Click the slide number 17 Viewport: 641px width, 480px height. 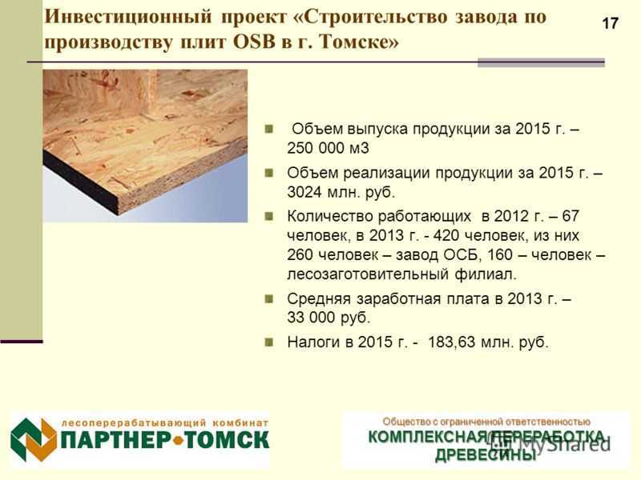click(610, 23)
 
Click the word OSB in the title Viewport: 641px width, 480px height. click(254, 42)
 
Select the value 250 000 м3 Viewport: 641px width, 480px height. click(328, 148)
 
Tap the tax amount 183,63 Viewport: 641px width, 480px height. click(451, 342)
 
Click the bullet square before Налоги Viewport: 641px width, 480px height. click(268, 342)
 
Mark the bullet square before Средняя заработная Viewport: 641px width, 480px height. click(268, 299)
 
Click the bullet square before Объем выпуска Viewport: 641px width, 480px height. click(268, 129)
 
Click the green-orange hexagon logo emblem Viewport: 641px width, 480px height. click(34, 439)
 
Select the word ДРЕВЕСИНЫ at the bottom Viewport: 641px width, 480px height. click(486, 454)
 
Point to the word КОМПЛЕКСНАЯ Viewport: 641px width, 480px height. click(428, 437)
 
